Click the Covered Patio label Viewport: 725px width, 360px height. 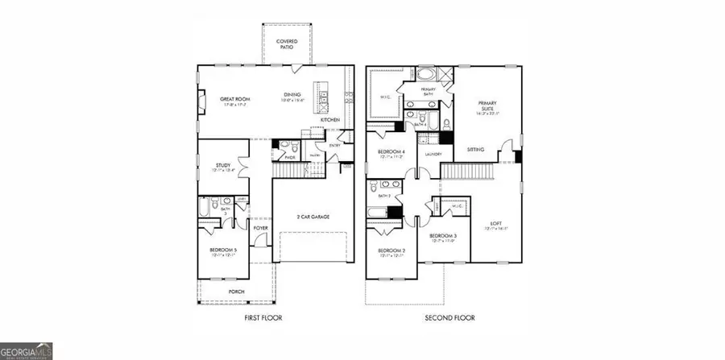tap(286, 43)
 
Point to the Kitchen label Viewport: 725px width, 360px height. tap(330, 120)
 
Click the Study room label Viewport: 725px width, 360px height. tap(223, 165)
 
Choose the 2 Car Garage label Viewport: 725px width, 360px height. tap(312, 217)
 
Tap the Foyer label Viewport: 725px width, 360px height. tap(260, 228)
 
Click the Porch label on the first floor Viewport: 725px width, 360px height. tap(236, 292)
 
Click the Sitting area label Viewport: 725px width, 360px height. tap(476, 150)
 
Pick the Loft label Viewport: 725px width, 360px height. tap(496, 224)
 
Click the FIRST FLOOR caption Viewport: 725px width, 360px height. tap(263, 317)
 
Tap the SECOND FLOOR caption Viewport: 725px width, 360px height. tap(450, 317)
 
